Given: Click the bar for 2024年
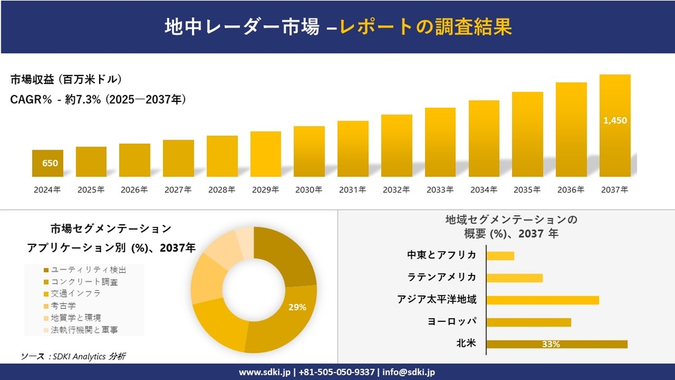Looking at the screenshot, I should click(x=47, y=163).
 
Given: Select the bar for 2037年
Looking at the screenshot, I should click(x=615, y=126).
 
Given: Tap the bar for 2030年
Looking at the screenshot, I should click(x=309, y=152).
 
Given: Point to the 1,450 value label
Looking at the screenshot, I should click(x=615, y=121).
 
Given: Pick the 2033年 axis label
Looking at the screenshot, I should click(x=440, y=190).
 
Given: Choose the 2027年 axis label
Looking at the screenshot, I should click(x=178, y=190).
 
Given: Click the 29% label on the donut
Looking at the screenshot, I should click(x=297, y=307).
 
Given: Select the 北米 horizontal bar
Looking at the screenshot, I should click(x=557, y=344).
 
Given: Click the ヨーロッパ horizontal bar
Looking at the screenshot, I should click(x=529, y=322).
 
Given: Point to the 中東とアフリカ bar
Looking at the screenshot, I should click(x=501, y=256).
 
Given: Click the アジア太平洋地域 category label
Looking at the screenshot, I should click(x=437, y=300).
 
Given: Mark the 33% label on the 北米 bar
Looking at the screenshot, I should click(x=551, y=345).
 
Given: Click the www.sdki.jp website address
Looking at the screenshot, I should click(x=264, y=372).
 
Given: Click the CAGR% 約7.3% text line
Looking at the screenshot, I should click(x=98, y=101).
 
